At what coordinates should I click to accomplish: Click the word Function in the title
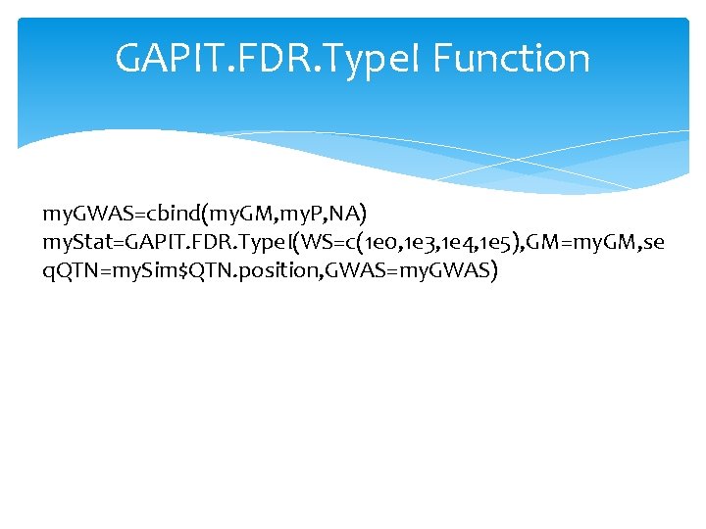point(511,59)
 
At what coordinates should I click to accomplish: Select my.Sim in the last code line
point(158,269)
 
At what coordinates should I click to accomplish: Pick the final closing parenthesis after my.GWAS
point(494,269)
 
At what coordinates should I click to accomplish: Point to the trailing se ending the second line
point(653,241)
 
